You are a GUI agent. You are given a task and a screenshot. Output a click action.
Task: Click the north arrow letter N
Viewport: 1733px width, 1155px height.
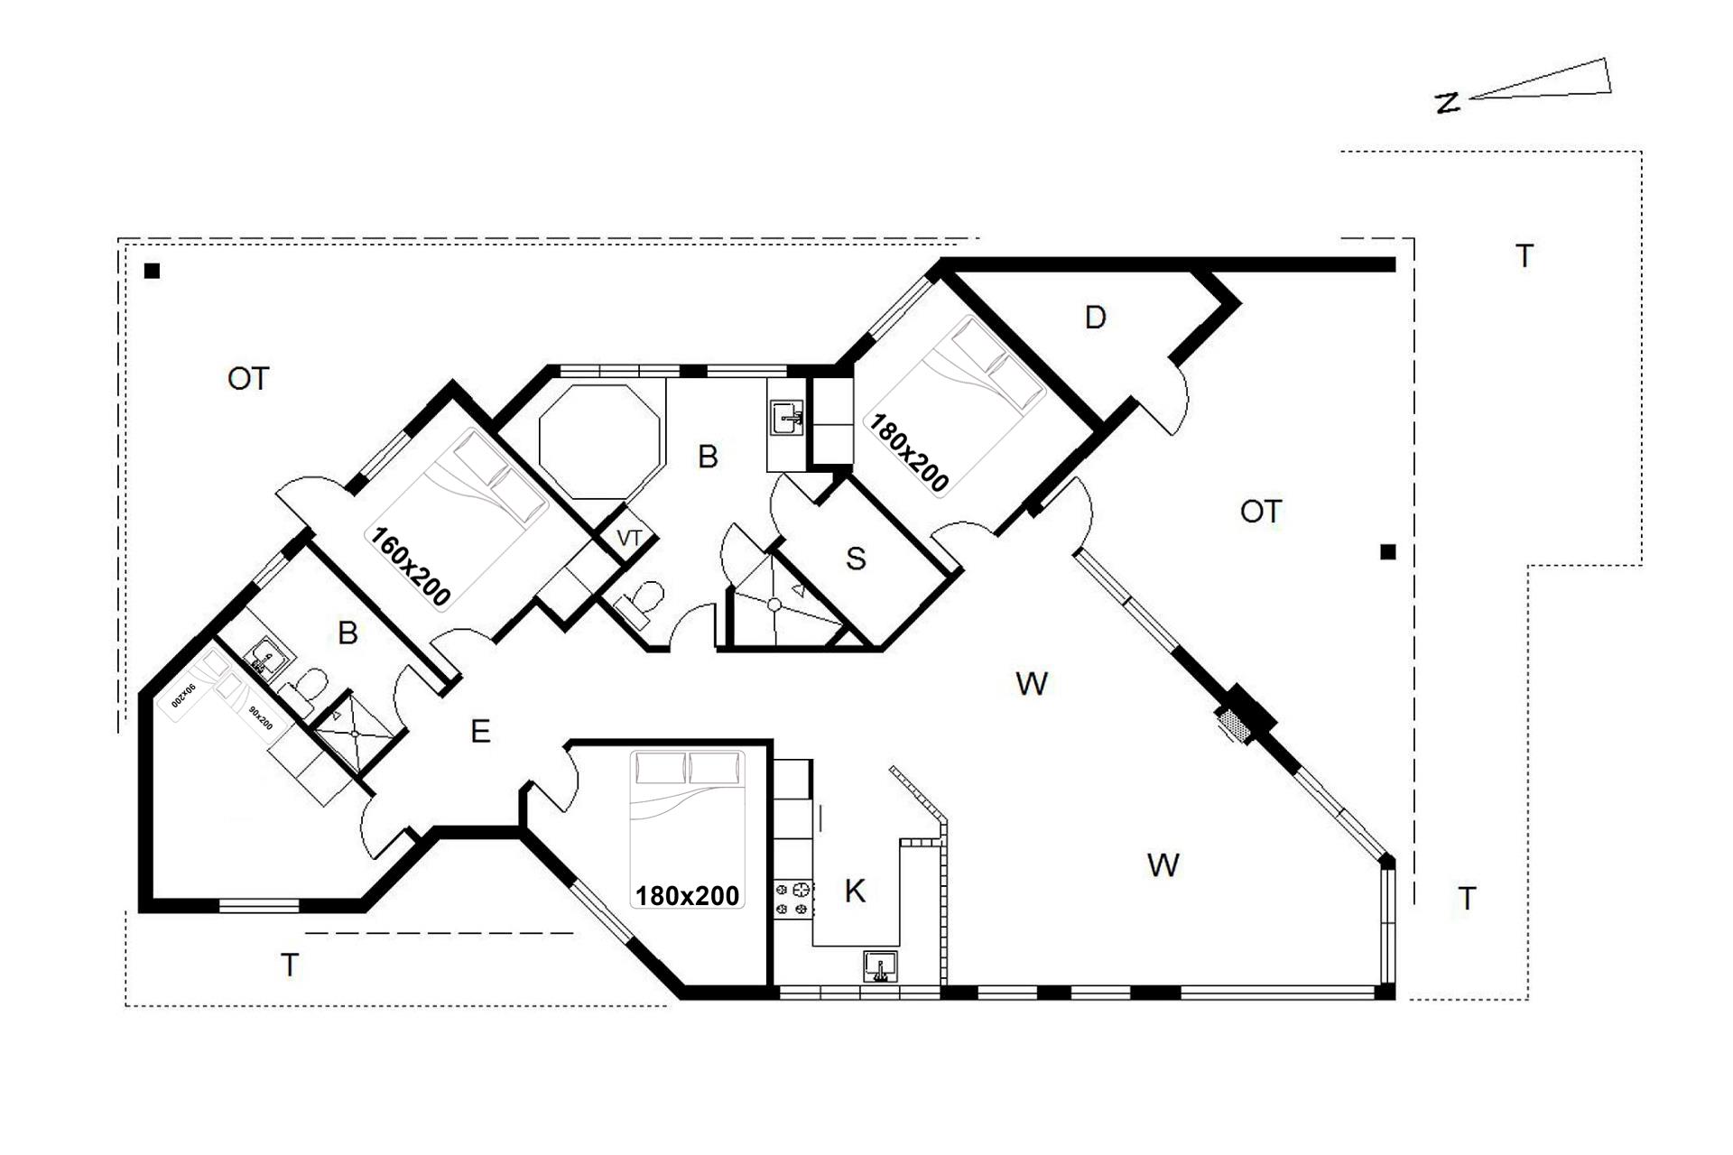coord(1448,103)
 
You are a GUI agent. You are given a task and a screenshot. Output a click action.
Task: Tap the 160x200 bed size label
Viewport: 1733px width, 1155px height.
coord(411,567)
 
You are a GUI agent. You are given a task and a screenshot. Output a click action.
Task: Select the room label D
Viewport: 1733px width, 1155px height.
coord(1095,318)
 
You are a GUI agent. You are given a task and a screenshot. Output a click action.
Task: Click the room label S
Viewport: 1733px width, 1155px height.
coord(856,559)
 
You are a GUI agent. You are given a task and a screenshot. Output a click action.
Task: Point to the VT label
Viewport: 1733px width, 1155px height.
coord(629,539)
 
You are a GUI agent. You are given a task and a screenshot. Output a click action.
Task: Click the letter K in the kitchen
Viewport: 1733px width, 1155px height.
coord(855,892)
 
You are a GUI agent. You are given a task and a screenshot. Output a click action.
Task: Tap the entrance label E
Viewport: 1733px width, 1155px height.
coord(480,731)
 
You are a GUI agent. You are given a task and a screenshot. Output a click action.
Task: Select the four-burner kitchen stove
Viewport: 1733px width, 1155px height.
coord(793,900)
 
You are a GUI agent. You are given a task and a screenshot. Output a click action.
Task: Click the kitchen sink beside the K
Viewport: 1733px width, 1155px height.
coord(880,966)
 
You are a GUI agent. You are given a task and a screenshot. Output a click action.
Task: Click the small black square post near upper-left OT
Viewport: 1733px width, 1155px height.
coord(153,271)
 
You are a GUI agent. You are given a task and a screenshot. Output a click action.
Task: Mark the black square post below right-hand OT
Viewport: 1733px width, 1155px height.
coord(1388,552)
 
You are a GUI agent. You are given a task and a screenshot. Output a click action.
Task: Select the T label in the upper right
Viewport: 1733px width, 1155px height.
coord(1524,257)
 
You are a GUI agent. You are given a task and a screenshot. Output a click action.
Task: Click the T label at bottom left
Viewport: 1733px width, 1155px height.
coord(290,966)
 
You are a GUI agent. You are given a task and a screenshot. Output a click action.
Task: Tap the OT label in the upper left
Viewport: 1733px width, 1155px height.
coord(248,379)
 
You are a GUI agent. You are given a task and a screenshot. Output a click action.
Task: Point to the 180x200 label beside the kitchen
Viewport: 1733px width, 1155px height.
coord(688,896)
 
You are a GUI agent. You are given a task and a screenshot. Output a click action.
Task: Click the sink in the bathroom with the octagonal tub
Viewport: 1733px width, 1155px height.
coord(787,418)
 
